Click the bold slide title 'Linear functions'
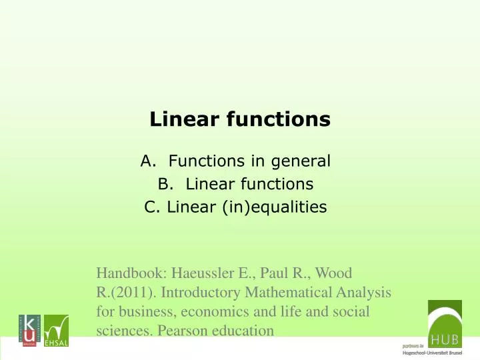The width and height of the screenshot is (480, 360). pyautogui.click(x=240, y=119)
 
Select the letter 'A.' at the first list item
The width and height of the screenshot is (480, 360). pyautogui.click(x=148, y=161)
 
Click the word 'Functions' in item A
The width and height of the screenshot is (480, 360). pyautogui.click(x=200, y=161)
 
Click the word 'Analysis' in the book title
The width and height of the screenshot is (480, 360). pyautogui.click(x=361, y=292)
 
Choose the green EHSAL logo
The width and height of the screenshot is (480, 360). pyautogui.click(x=56, y=329)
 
